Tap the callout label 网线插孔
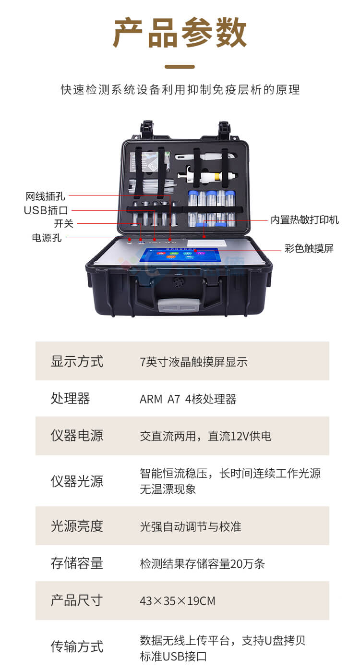[45, 196]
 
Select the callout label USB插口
[46, 210]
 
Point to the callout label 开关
[63, 224]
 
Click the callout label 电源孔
[47, 238]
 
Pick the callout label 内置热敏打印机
[304, 220]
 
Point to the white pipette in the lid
[206, 177]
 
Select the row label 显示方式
[77, 361]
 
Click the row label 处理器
[70, 399]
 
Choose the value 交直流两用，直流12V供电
[205, 436]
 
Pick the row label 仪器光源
[77, 481]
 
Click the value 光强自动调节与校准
[190, 526]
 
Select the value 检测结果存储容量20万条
[202, 563]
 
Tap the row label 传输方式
[77, 647]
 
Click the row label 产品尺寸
[77, 600]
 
